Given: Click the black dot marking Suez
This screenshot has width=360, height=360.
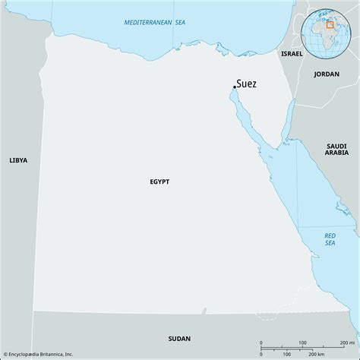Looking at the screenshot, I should (234, 87).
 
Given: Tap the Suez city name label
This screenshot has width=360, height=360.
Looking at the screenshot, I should (246, 84).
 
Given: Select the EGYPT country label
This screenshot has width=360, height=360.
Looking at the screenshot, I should (159, 182).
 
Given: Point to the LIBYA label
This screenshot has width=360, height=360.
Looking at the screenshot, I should (18, 160).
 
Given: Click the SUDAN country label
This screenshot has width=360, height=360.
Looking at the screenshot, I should (180, 339).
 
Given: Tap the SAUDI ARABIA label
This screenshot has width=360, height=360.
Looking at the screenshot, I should (336, 149).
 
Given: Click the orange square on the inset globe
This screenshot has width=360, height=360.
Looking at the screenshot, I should (330, 24).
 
